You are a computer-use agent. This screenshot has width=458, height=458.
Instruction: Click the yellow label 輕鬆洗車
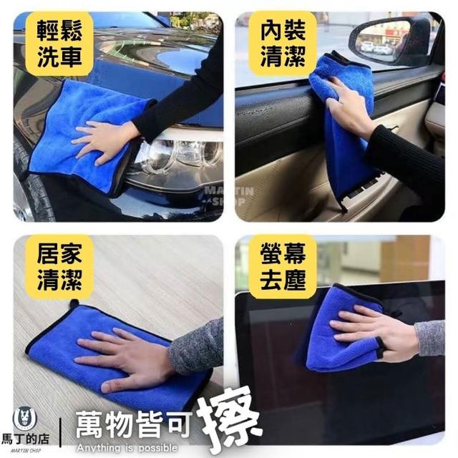click(59, 44)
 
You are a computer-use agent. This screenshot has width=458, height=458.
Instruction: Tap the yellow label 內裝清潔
click(283, 44)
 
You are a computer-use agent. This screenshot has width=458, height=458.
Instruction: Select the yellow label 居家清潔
click(59, 267)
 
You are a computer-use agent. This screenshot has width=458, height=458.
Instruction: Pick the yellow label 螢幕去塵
click(283, 267)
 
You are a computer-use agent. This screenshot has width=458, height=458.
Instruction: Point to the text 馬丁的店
click(26, 439)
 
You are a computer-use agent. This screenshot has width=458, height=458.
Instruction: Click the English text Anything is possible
click(127, 448)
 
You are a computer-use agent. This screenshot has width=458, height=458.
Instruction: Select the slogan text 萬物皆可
click(134, 424)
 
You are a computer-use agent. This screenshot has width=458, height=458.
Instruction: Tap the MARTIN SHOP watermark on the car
click(228, 196)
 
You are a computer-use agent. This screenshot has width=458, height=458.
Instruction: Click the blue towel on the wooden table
click(117, 355)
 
